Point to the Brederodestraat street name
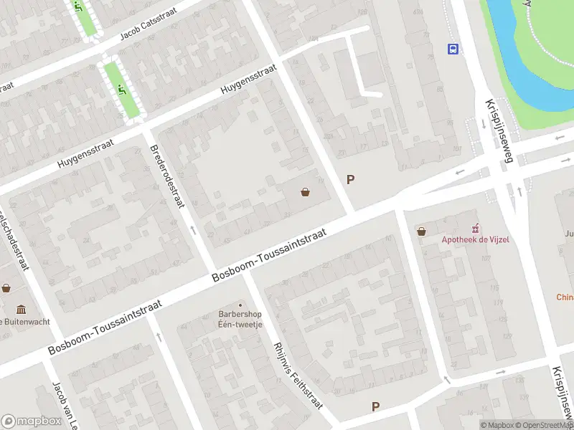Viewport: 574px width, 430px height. (165, 176)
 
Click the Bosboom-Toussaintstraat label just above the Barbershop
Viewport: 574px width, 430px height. (269, 255)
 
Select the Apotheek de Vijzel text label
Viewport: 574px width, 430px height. (475, 239)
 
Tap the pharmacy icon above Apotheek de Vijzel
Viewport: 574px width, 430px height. (475, 227)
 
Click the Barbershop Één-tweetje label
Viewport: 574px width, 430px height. (241, 319)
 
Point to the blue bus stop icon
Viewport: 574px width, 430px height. (453, 49)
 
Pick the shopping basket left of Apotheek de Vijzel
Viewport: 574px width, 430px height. (421, 231)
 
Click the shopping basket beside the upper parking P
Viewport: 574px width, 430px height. (306, 191)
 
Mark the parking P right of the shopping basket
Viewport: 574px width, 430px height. (351, 180)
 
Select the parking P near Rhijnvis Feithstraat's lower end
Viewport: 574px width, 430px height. (375, 406)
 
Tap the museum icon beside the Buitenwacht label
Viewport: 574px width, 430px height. (21, 310)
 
